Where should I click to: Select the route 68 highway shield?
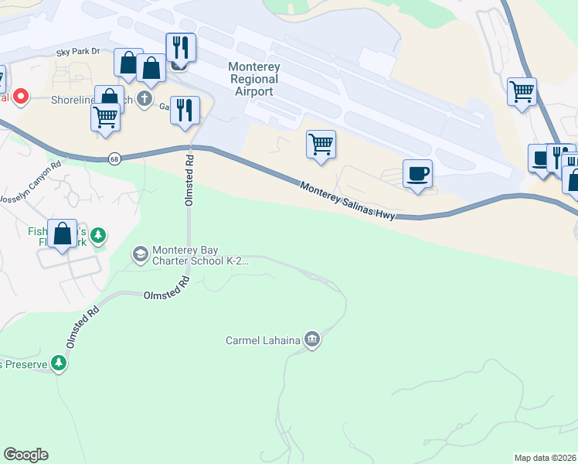pyautogui.click(x=114, y=158)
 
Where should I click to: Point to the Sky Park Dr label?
pyautogui.click(x=78, y=52)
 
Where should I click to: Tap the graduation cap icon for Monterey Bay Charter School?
pyautogui.click(x=140, y=254)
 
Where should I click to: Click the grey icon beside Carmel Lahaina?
pyautogui.click(x=312, y=339)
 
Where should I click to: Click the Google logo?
pyautogui.click(x=25, y=455)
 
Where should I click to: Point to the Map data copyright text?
pyautogui.click(x=546, y=458)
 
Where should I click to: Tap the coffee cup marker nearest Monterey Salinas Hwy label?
pyautogui.click(x=417, y=174)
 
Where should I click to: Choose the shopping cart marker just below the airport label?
pyautogui.click(x=321, y=144)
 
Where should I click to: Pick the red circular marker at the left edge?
pyautogui.click(x=19, y=97)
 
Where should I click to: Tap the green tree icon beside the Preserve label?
pyautogui.click(x=59, y=363)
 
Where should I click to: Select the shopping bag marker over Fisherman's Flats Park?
pyautogui.click(x=62, y=234)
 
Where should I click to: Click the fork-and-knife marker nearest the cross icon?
pyautogui.click(x=185, y=110)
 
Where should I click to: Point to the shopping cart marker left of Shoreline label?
pyautogui.click(x=105, y=118)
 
